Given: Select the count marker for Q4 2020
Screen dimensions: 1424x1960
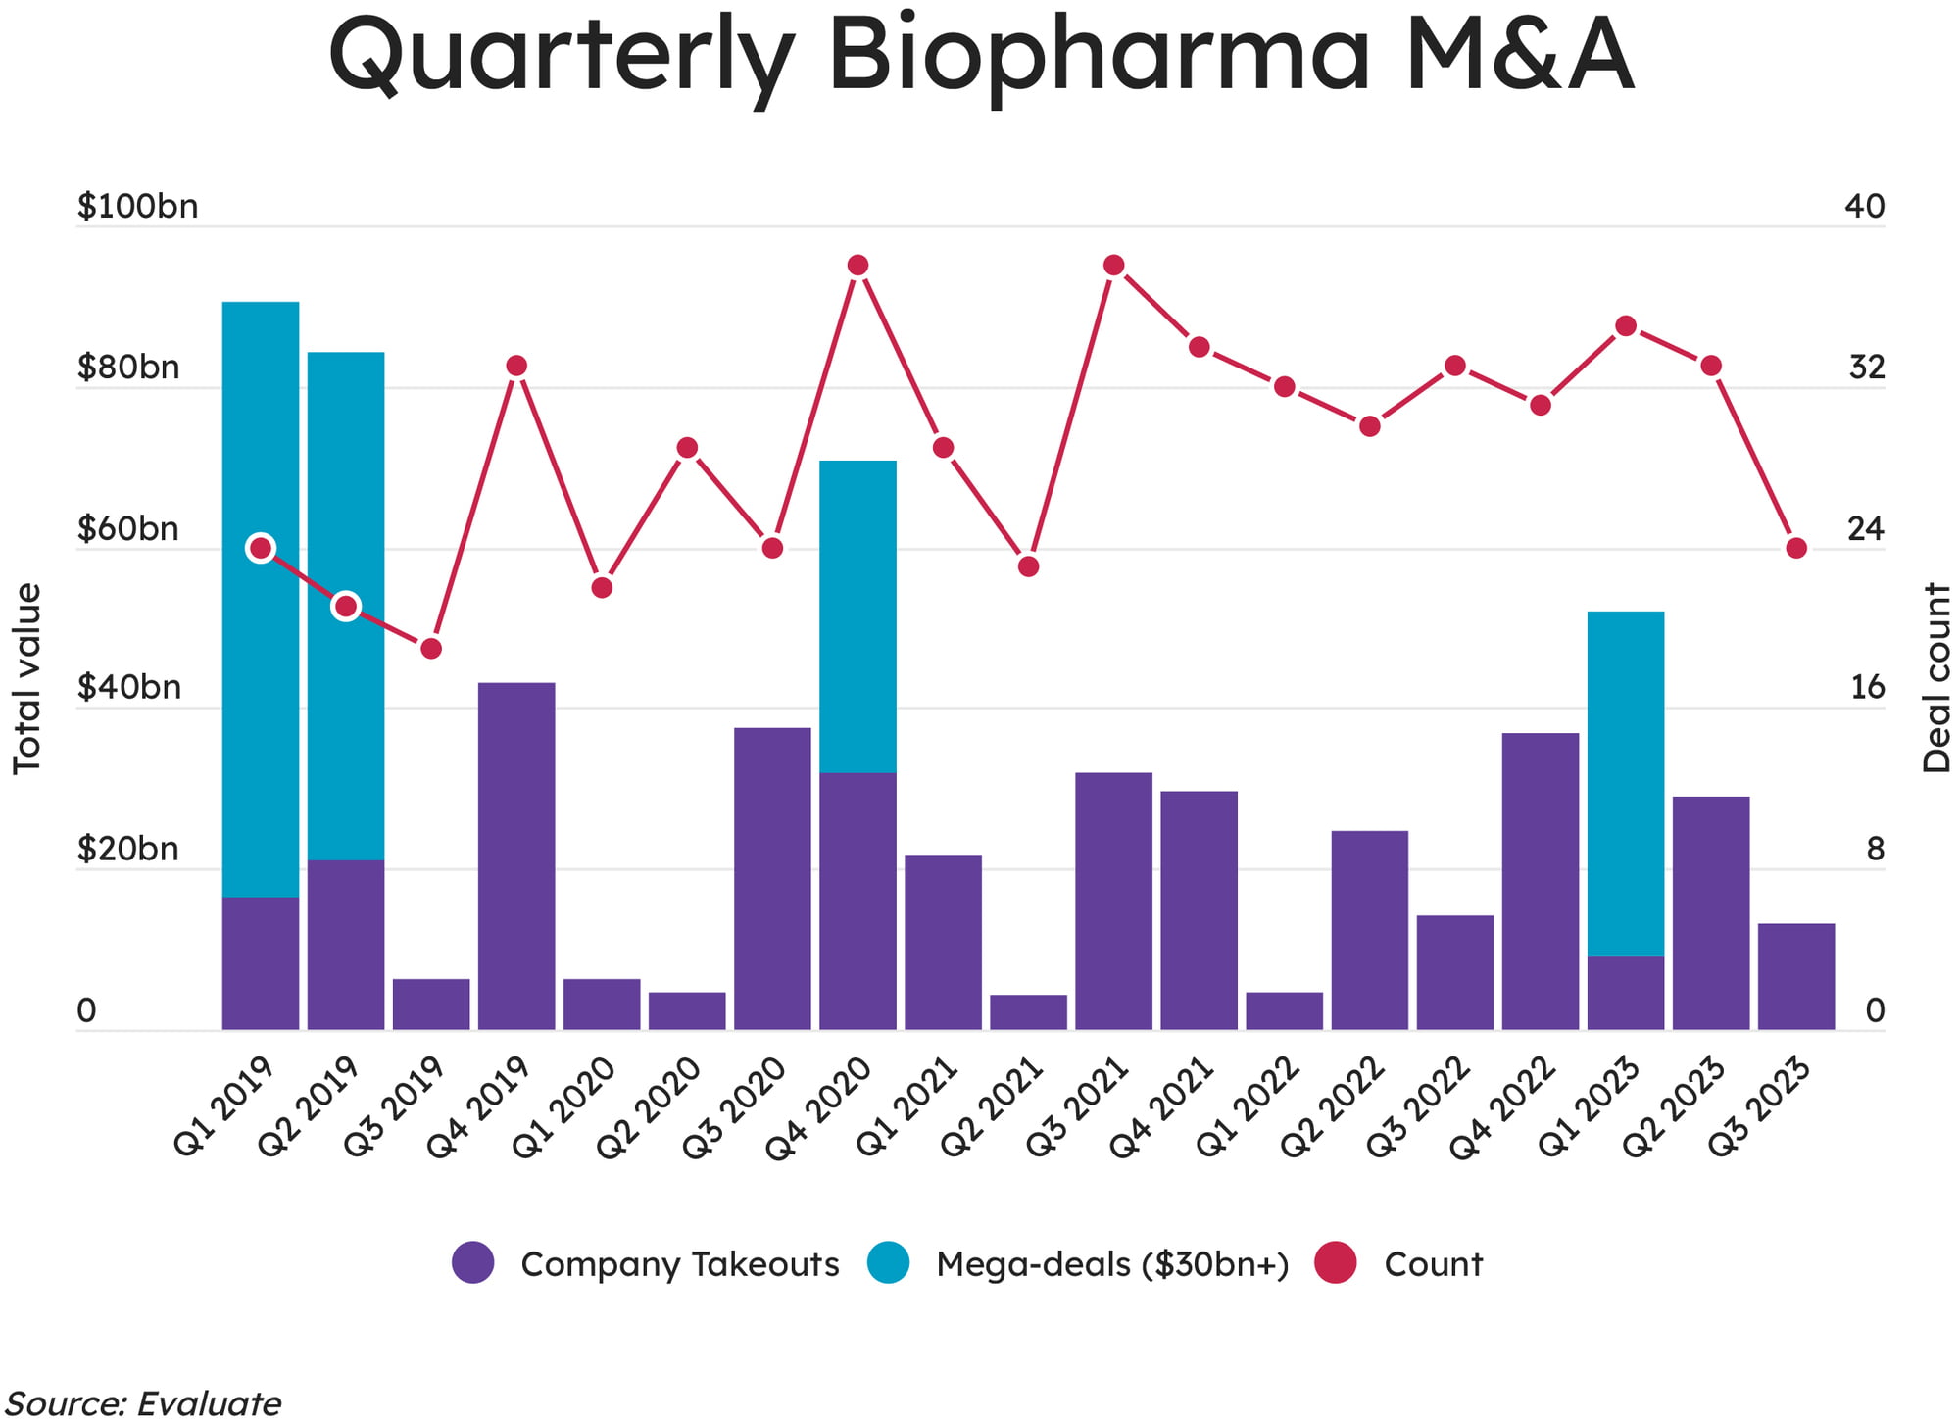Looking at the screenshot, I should coord(857,266).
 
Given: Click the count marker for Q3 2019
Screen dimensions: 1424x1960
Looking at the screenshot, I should coord(431,649).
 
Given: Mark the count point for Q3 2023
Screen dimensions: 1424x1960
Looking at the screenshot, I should coord(1796,548).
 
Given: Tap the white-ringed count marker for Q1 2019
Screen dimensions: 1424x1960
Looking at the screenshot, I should coord(261,548).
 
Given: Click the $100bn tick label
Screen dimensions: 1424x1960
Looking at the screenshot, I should coord(138,207).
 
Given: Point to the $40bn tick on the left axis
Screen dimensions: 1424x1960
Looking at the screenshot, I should coord(129,688).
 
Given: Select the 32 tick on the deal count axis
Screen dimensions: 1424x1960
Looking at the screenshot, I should coord(1866,368).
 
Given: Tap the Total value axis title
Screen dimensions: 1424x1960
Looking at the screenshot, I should coord(27,678).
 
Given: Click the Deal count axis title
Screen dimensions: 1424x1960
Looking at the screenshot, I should coord(1935,678).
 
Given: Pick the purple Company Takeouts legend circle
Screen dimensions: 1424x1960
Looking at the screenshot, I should coord(473,1262).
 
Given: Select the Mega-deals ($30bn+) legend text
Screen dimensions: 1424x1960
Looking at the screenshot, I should coord(1112,1264).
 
